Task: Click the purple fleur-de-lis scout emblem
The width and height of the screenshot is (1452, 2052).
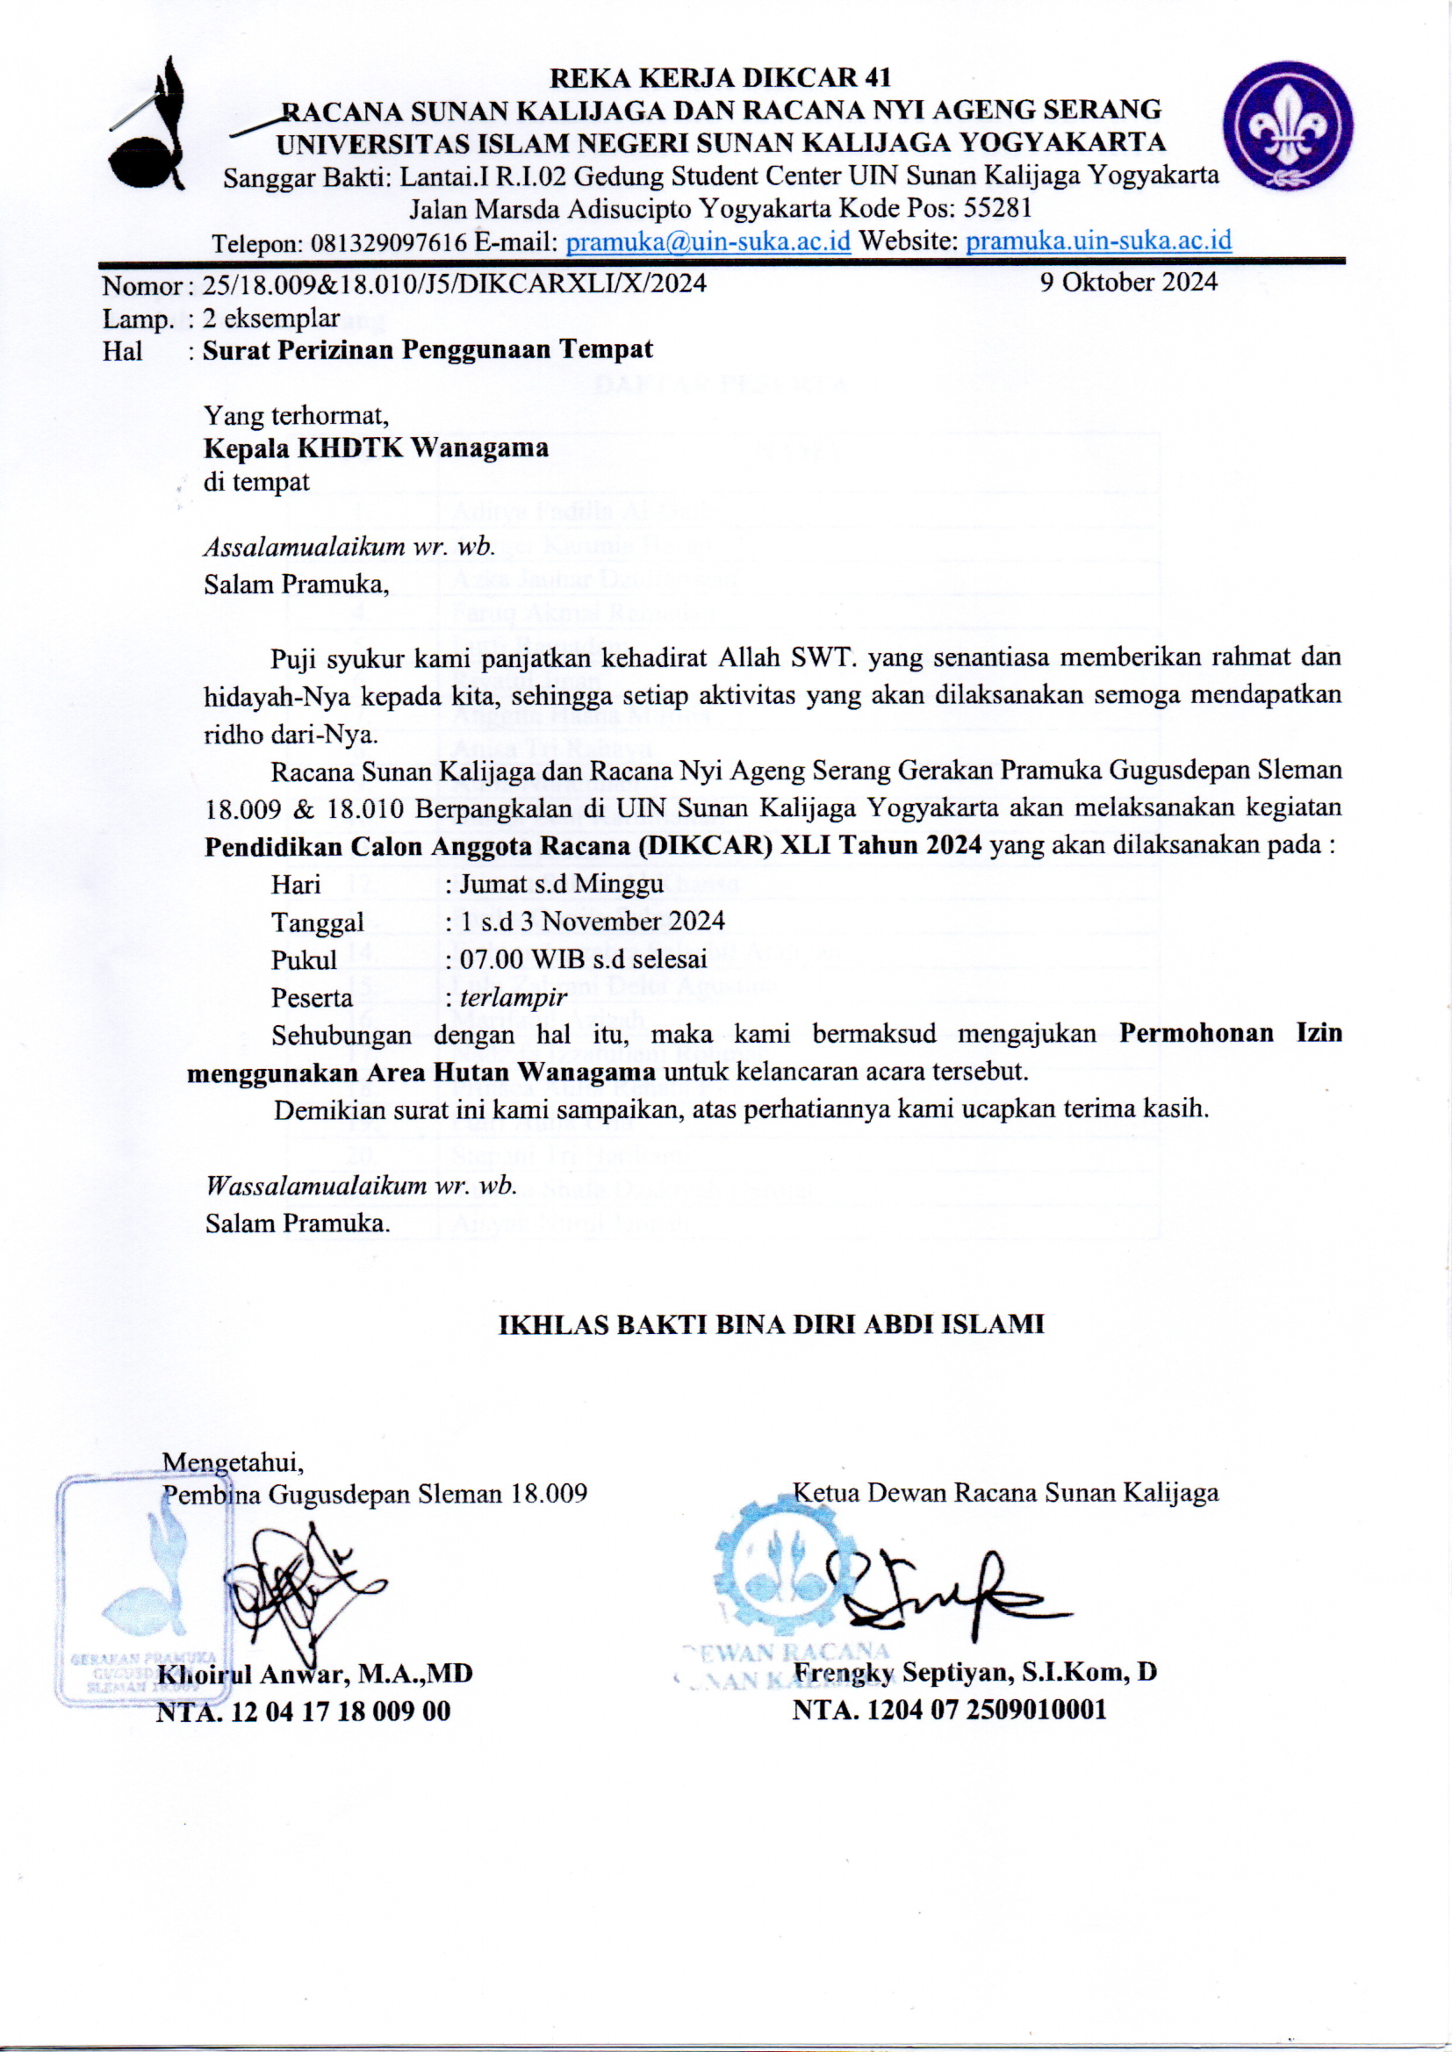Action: pos(1288,126)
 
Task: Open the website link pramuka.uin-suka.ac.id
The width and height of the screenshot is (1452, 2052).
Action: pos(1099,240)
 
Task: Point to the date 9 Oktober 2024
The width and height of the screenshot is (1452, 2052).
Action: pos(1128,283)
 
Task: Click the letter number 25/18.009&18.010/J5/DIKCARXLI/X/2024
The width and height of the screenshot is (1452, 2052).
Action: pos(454,284)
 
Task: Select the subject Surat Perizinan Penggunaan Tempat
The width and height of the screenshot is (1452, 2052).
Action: pos(428,349)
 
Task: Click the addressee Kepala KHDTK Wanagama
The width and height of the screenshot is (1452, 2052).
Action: pos(376,447)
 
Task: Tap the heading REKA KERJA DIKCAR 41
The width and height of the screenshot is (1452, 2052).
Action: pos(720,78)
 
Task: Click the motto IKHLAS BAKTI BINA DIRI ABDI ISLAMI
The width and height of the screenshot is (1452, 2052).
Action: pos(771,1324)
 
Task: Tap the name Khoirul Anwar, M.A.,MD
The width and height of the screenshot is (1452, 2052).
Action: pos(315,1673)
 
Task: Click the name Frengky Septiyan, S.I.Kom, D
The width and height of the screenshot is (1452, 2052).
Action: pos(974,1671)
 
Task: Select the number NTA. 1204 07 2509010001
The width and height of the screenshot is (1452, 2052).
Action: pos(950,1710)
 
